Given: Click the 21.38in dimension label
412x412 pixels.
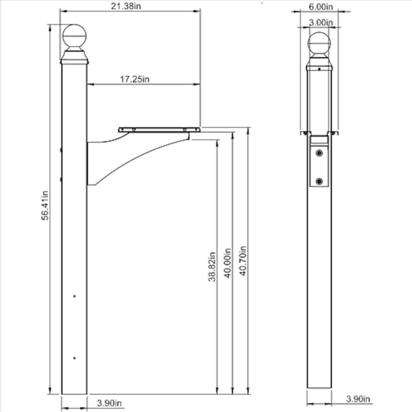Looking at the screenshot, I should [126, 6].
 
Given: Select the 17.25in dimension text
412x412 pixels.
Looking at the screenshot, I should [135, 79].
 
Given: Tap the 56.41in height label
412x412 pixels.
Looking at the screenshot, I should [45, 205].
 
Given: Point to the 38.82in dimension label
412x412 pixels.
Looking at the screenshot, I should [211, 267].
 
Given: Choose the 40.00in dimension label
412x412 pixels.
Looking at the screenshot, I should [228, 263].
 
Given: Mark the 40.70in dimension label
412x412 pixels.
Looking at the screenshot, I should [243, 261].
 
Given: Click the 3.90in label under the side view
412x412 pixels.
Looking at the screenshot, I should [109, 403].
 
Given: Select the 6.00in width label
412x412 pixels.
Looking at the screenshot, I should [321, 7].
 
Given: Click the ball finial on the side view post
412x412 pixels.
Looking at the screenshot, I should [74, 37].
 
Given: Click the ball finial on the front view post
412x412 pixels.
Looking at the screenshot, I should [319, 44].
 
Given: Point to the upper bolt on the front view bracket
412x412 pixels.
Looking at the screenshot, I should [319, 153].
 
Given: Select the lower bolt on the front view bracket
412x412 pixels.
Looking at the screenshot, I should [319, 181].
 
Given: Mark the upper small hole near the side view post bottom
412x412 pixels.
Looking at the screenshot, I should [74, 296].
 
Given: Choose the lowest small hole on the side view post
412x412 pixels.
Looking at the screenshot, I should [74, 358].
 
